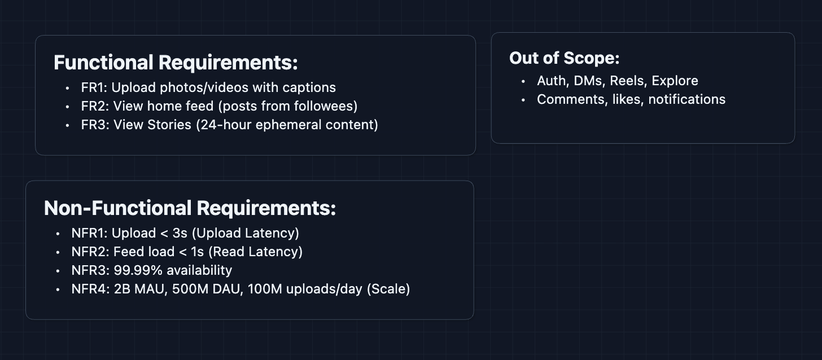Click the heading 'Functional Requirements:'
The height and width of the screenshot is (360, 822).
(176, 62)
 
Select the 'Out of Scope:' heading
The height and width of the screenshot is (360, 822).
(564, 58)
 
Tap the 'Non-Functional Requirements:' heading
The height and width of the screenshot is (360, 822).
(190, 208)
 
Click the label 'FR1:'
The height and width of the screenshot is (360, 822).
(94, 87)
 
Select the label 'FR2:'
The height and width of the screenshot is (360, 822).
(95, 106)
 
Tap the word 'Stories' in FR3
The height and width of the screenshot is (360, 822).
(169, 125)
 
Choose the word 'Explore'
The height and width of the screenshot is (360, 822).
(675, 81)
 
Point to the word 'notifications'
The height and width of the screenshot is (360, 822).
(687, 100)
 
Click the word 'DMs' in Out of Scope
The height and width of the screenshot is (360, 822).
(589, 81)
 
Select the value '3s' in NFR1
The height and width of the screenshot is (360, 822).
(180, 234)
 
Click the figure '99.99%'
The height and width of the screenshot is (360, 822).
(138, 270)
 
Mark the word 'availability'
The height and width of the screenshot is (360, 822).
(199, 271)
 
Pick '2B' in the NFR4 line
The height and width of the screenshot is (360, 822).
(122, 289)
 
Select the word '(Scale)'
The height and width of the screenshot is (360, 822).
(388, 289)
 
